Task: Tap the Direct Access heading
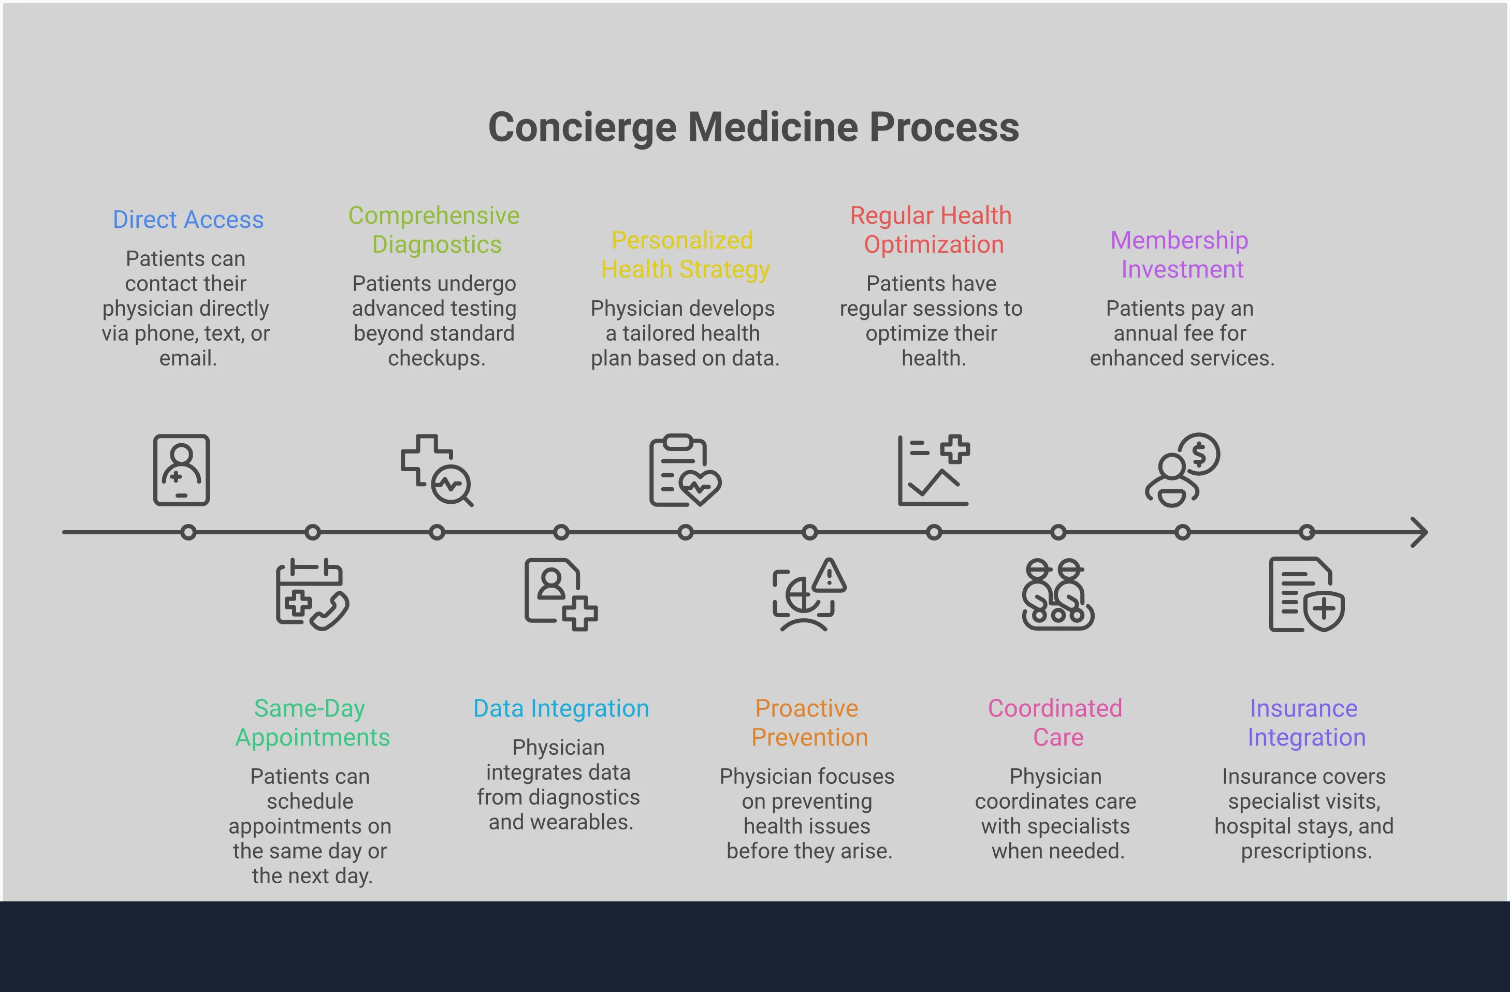click(188, 220)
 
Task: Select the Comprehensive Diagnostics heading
click(434, 229)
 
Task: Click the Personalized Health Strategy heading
click(684, 255)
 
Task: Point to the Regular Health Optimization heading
click(932, 229)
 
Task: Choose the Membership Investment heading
click(1180, 255)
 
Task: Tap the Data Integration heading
click(561, 708)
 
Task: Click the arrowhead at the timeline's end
click(1420, 532)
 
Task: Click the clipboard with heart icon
click(685, 471)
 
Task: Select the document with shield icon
click(1305, 594)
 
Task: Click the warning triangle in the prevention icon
click(829, 576)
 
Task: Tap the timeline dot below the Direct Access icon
click(188, 532)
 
